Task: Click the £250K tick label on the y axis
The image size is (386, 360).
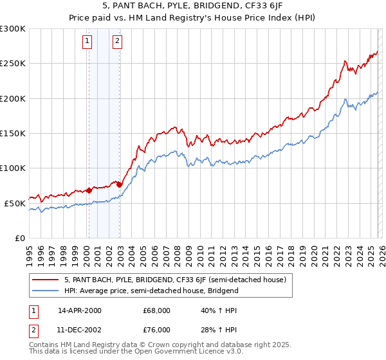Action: tap(13, 64)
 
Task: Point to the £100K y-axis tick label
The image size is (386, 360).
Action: tap(13, 168)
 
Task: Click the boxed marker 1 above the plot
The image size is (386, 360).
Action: tap(87, 42)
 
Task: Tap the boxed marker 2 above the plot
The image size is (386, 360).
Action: tap(118, 42)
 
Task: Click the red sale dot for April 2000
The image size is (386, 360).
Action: tap(89, 190)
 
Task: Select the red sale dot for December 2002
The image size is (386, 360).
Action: tap(119, 184)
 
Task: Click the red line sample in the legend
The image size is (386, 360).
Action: tap(45, 280)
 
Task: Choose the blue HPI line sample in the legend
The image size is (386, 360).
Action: tap(45, 291)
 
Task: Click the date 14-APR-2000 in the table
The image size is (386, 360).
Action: tap(80, 310)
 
